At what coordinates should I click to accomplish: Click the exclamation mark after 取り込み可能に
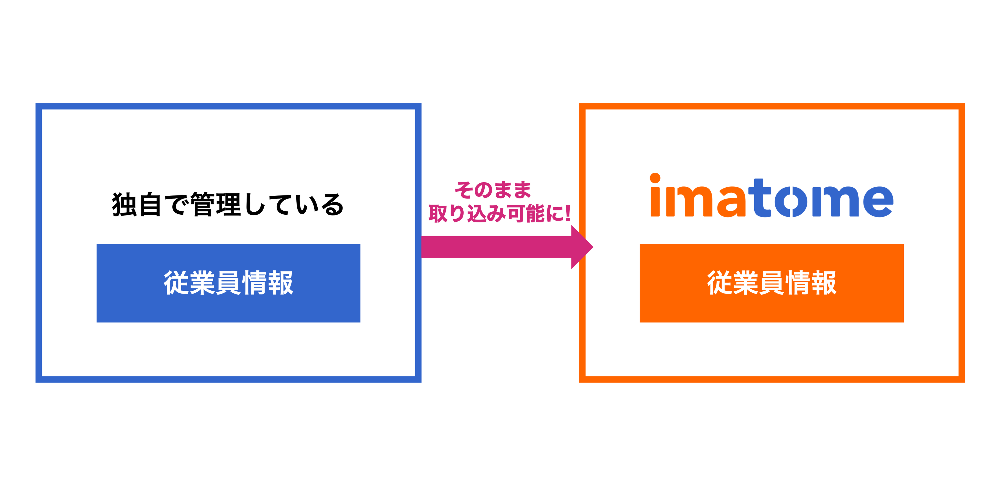coord(567,214)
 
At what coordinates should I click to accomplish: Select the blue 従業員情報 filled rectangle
coord(228,307)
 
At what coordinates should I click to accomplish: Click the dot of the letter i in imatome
coord(655,178)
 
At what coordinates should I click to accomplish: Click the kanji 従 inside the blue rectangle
coord(176,283)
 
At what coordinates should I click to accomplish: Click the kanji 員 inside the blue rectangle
coord(229,283)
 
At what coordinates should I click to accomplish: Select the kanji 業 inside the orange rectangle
coord(746,283)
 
